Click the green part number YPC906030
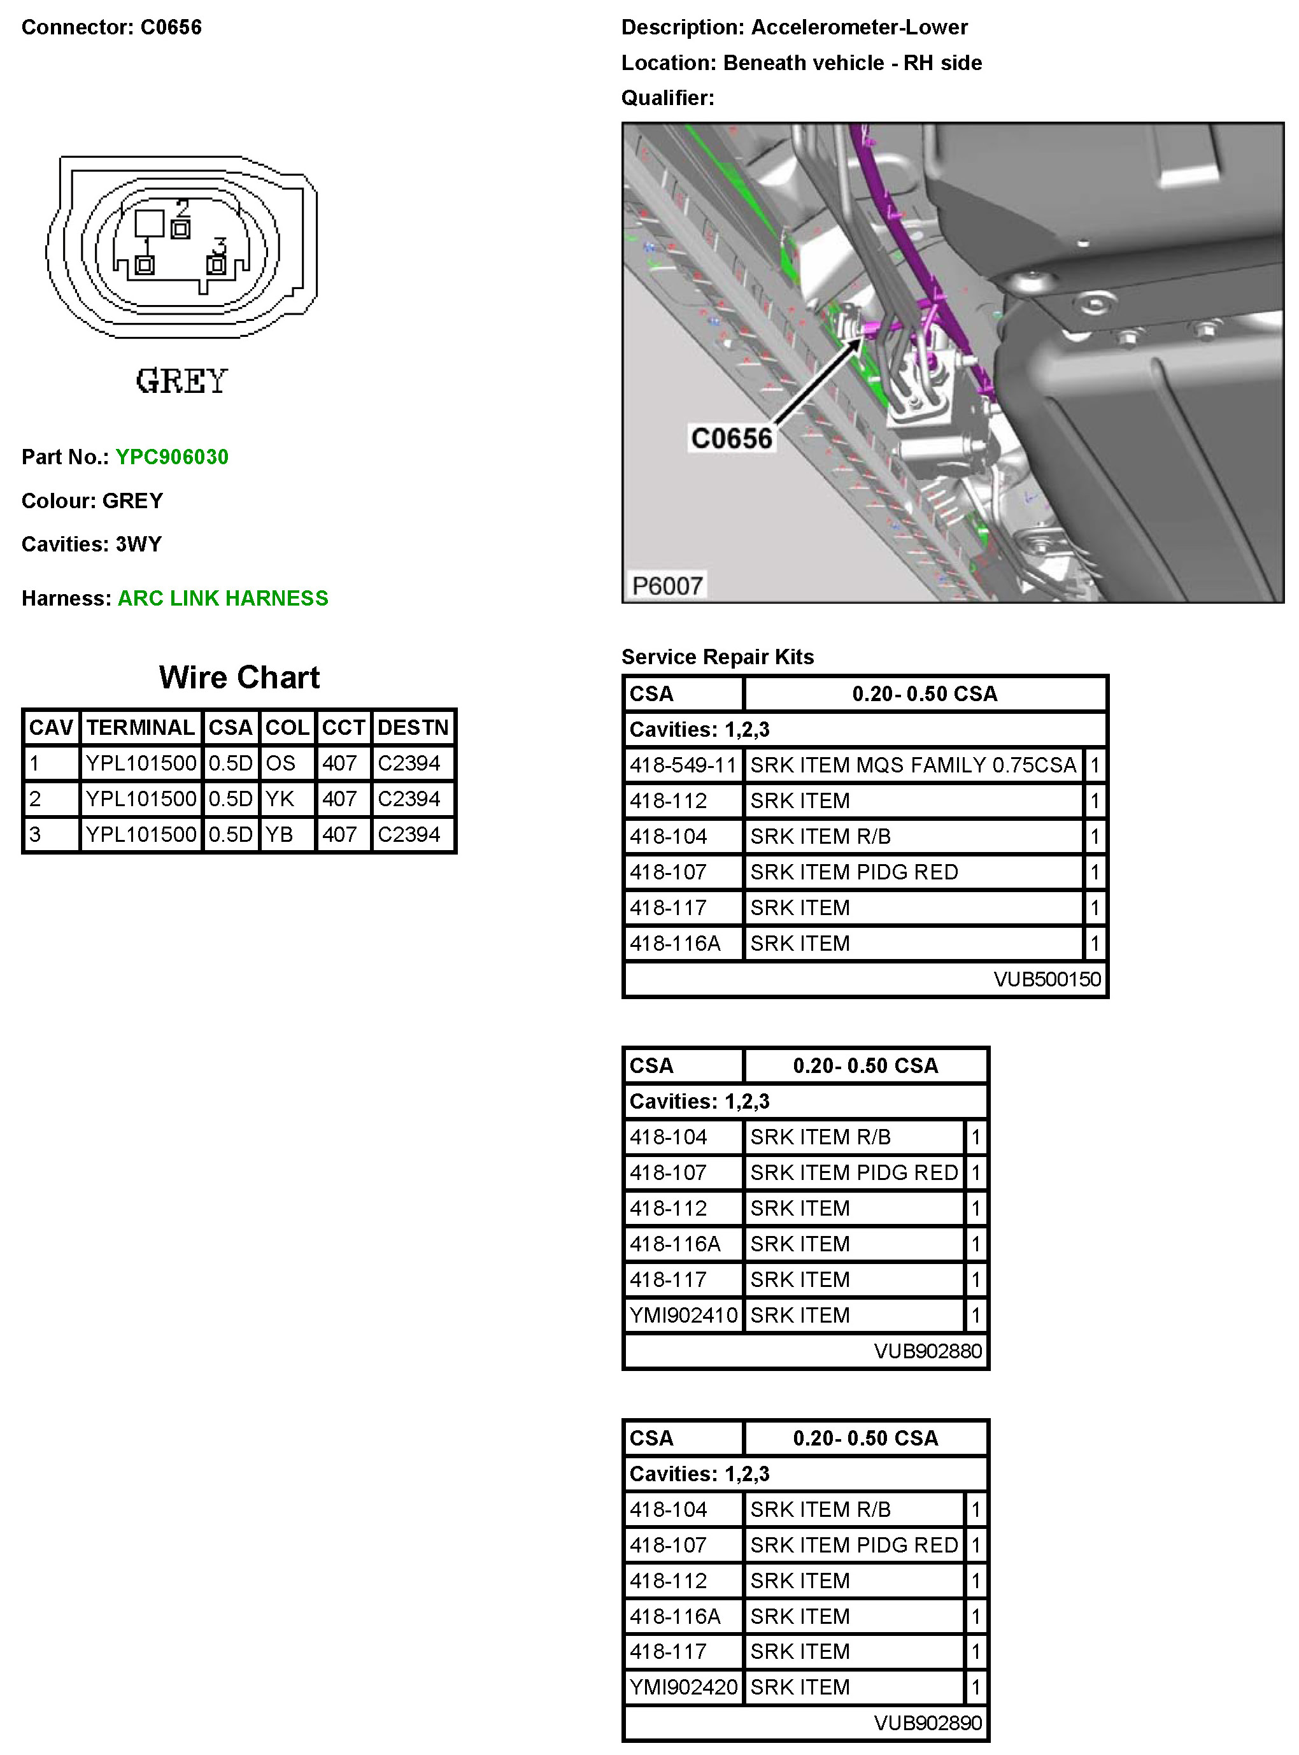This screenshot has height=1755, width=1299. point(171,457)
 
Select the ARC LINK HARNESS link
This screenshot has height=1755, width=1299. point(222,599)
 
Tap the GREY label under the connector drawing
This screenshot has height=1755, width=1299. point(181,381)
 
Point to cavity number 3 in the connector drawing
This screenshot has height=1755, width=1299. point(220,246)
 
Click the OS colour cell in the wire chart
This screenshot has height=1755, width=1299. point(280,763)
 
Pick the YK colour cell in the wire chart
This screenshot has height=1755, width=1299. point(280,799)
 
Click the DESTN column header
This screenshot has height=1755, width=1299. point(413,727)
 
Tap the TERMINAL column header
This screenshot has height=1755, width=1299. point(141,727)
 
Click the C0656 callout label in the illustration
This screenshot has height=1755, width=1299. point(731,438)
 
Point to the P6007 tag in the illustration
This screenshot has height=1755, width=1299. point(667,586)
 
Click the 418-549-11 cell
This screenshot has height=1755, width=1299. point(683,765)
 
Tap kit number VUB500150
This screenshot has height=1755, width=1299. point(1047,979)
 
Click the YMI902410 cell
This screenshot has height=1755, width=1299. point(683,1316)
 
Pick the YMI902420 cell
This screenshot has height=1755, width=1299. point(683,1687)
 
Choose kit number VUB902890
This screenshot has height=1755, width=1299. point(928,1723)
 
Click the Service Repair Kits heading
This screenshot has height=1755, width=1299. point(717,657)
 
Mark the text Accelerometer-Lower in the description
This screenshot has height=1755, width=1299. point(860,27)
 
